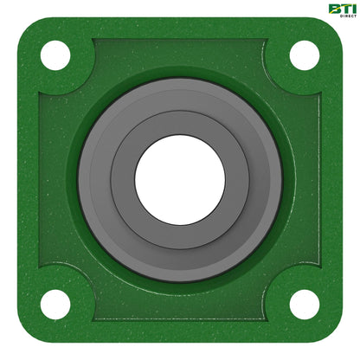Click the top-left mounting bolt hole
[55, 55]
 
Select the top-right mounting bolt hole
[304, 55]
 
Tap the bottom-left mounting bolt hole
[55, 304]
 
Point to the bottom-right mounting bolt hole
[304, 304]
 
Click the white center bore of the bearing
[180, 180]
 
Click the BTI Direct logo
[340, 11]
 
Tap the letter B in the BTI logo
[332, 9]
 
